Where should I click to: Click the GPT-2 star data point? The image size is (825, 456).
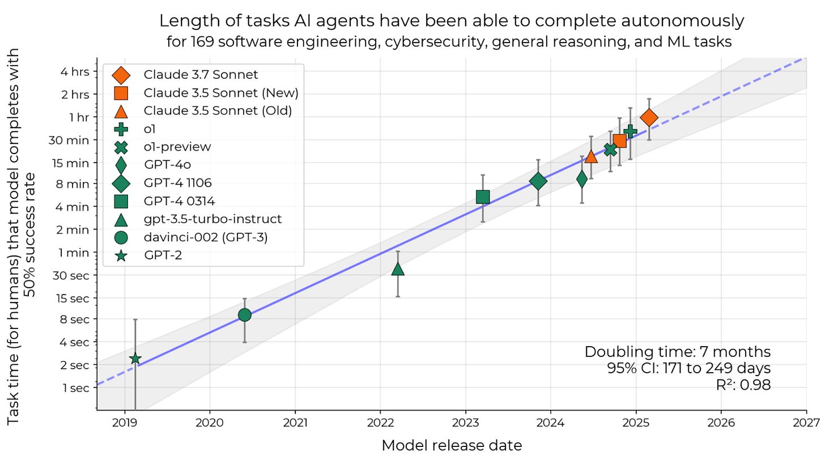[x=135, y=359]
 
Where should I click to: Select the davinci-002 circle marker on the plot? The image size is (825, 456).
[x=244, y=315]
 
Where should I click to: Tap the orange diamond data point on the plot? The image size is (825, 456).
[x=649, y=117]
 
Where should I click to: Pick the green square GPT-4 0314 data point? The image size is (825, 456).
[x=483, y=197]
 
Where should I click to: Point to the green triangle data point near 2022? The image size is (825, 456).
[x=398, y=269]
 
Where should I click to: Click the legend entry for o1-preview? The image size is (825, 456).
[x=177, y=147]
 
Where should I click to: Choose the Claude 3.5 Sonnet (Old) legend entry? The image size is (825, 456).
[x=218, y=110]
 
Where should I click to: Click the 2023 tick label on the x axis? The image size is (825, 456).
[x=465, y=422]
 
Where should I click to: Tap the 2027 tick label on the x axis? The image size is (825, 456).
[x=806, y=422]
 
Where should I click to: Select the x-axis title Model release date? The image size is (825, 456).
[x=452, y=445]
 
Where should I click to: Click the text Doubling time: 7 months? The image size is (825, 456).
[x=678, y=352]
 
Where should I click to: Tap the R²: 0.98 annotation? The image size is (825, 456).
[x=743, y=385]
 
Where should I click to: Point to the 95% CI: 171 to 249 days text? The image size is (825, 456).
[x=688, y=368]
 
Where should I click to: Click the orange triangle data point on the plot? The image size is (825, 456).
[x=591, y=156]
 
